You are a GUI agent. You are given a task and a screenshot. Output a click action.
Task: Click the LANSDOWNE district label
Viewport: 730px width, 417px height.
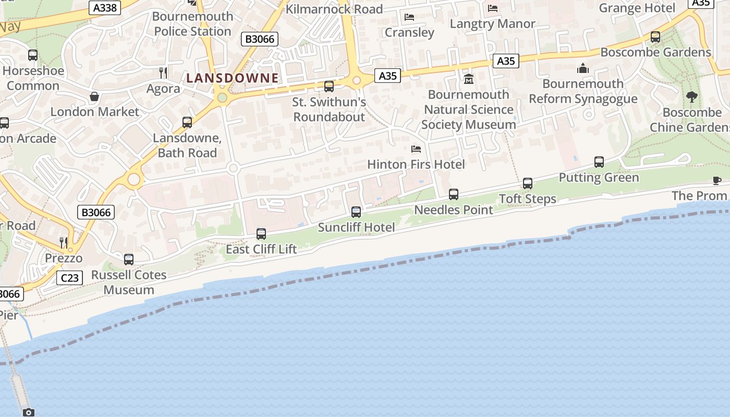coord(233,78)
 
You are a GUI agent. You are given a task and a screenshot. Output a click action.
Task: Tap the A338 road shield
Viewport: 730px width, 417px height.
coord(105,8)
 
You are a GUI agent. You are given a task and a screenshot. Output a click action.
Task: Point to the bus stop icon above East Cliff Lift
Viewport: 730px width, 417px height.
coord(261,234)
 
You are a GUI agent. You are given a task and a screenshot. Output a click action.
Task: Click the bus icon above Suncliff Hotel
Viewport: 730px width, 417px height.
coord(356,212)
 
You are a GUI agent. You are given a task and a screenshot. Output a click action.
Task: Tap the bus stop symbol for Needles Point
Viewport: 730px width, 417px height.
coord(454,194)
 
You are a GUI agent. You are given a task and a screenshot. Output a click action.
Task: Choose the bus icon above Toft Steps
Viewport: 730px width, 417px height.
coord(528,183)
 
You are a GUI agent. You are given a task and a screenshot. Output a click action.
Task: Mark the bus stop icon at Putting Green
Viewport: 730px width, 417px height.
coord(599,162)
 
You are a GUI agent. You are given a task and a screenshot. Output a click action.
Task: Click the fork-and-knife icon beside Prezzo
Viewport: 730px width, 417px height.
coord(63,242)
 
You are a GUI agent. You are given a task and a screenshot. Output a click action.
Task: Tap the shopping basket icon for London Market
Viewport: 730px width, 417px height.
coord(94,96)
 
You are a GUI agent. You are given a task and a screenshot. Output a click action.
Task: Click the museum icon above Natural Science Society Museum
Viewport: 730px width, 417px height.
coord(469,79)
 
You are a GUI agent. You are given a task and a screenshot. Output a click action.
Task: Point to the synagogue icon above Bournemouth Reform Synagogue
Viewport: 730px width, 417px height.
coord(582,68)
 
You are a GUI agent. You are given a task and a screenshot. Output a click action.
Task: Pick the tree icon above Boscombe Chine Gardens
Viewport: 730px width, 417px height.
coord(692,96)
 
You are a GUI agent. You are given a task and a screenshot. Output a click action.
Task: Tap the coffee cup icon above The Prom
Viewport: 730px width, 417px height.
coord(717,180)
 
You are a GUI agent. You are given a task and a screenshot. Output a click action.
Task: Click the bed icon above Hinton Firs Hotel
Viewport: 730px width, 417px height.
coord(416,149)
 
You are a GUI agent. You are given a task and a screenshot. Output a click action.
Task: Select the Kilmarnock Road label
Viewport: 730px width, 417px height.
coord(334,9)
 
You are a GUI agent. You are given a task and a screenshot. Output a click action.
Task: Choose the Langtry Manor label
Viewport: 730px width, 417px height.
coord(492,23)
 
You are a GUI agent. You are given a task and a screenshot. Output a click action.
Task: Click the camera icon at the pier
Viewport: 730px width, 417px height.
coord(29,412)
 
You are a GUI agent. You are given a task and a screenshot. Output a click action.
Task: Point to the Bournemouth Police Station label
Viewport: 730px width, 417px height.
coord(192,23)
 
